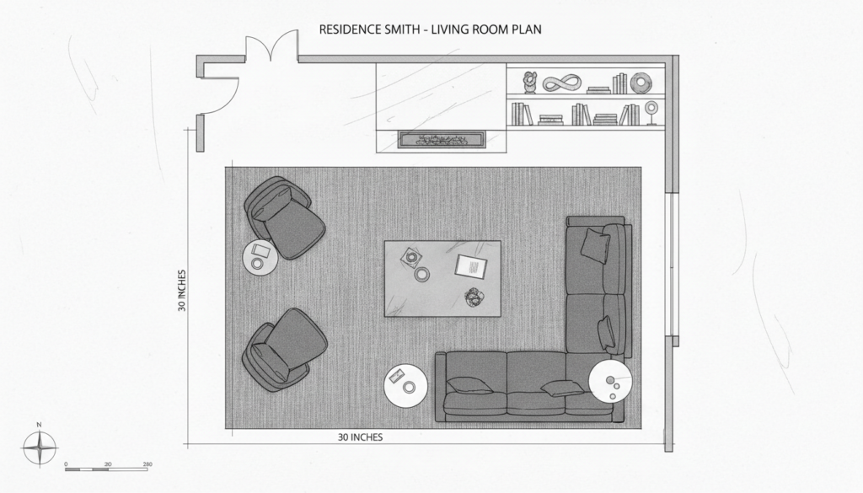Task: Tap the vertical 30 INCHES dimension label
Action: pyautogui.click(x=182, y=291)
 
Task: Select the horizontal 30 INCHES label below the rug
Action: pyautogui.click(x=361, y=437)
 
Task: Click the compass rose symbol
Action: pyautogui.click(x=38, y=447)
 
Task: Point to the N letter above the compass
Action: pyautogui.click(x=38, y=426)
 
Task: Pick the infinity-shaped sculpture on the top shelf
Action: pyautogui.click(x=562, y=83)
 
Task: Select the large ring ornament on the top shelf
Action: pyautogui.click(x=641, y=83)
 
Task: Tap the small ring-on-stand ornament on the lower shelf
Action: pyautogui.click(x=651, y=112)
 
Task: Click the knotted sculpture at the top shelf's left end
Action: pyautogui.click(x=529, y=82)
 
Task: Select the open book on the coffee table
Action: pyautogui.click(x=471, y=267)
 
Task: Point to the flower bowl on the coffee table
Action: pyautogui.click(x=474, y=296)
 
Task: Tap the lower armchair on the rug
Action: pyautogui.click(x=285, y=349)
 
